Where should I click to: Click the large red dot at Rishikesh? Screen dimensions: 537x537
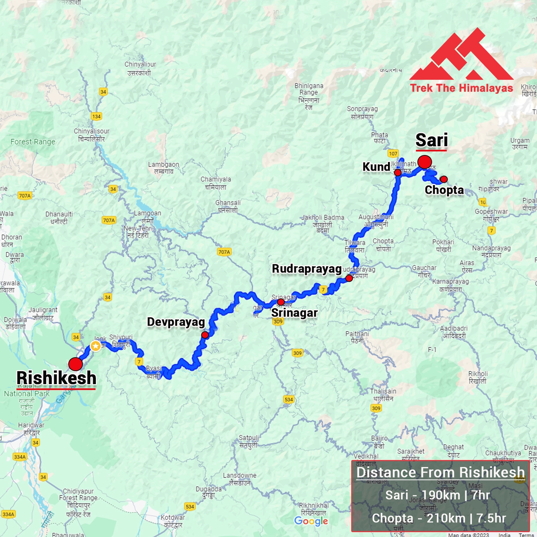tap(76, 364)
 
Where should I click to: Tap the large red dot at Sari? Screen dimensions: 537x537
tap(425, 162)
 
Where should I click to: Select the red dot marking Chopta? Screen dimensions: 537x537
tap(444, 179)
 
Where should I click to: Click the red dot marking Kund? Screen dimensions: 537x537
tap(398, 172)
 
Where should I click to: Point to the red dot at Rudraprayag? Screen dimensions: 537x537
tap(349, 278)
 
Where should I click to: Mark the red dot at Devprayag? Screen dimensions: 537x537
tap(205, 335)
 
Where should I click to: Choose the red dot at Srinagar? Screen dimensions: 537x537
tap(281, 302)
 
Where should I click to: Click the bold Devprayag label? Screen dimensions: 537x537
tap(176, 322)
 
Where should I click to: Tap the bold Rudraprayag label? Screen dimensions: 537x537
tap(307, 269)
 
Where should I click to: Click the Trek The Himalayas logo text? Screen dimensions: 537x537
tap(461, 88)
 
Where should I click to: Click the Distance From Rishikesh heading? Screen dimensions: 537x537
tap(440, 472)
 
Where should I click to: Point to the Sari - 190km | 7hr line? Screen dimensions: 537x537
tap(438, 495)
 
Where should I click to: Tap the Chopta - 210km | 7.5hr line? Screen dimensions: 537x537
tap(439, 518)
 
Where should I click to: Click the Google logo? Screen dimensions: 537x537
tap(311, 521)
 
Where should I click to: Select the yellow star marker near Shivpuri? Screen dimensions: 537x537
tap(96, 346)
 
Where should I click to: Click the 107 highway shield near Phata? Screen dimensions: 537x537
tap(393, 153)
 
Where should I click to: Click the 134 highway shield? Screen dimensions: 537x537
tap(97, 116)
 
